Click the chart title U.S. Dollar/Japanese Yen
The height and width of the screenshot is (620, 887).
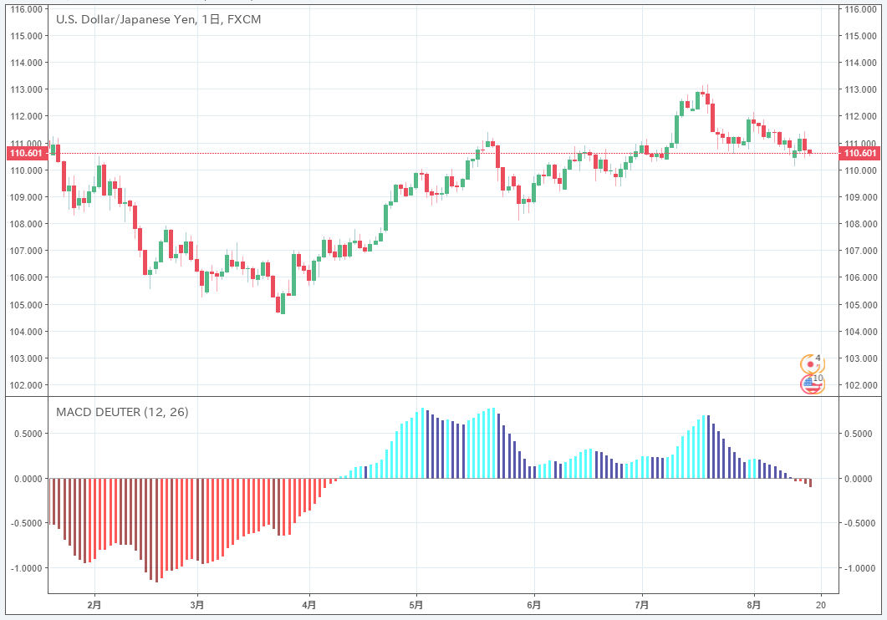125,18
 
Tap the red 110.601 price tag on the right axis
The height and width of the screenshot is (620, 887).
861,153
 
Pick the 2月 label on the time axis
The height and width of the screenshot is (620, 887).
94,604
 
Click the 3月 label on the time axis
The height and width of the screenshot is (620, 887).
197,604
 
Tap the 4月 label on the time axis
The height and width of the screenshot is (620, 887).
309,604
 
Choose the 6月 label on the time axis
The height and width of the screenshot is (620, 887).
534,604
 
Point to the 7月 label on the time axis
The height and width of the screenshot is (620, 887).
642,604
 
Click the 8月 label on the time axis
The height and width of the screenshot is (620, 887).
754,604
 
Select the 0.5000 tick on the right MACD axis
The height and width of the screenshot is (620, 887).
859,434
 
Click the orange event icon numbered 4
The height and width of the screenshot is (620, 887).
810,363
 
